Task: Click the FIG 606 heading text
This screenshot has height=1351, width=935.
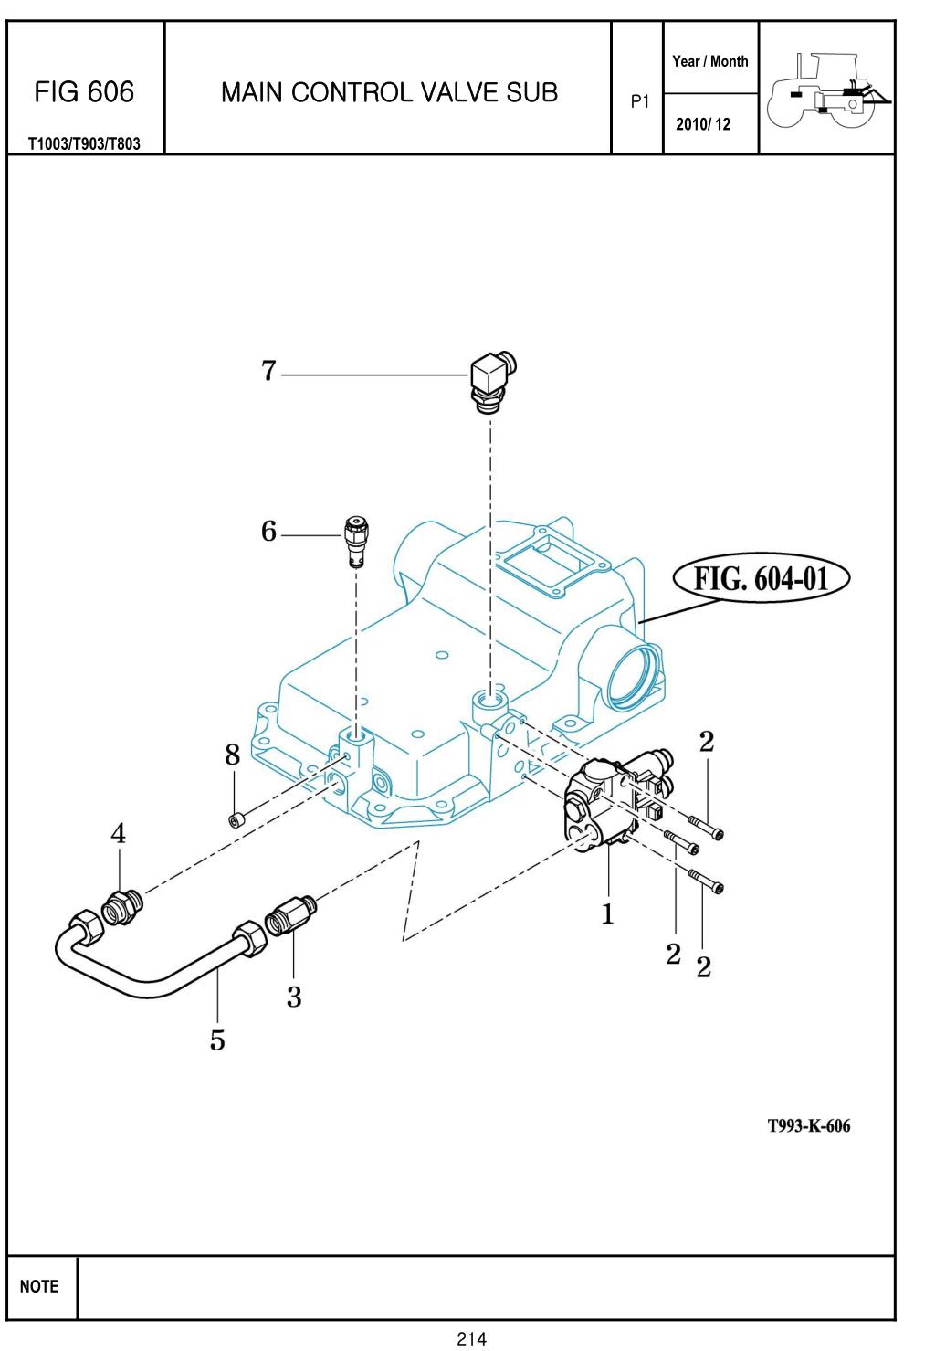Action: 84,92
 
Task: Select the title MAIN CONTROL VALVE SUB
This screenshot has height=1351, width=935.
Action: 390,93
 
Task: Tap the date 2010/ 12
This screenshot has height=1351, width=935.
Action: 703,124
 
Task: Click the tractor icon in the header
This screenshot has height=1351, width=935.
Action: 827,90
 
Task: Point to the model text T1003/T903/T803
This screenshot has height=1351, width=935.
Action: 84,144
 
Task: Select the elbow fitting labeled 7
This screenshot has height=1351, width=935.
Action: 493,383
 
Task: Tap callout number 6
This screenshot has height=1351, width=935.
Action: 268,532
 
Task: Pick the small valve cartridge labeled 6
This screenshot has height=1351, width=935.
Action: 357,542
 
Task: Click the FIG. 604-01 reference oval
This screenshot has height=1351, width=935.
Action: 761,578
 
